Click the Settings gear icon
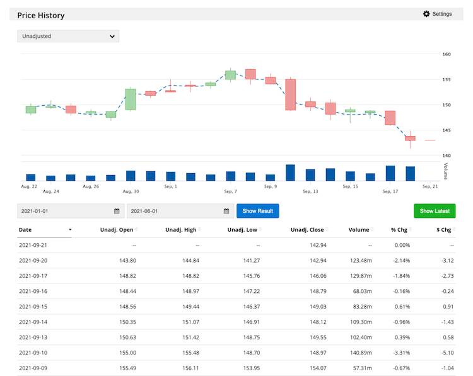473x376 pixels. (426, 14)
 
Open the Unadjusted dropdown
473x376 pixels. (67, 37)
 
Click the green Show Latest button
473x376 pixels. (435, 211)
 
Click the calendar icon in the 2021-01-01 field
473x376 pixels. (117, 211)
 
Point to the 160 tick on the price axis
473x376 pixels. (447, 54)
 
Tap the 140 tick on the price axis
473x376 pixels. (447, 156)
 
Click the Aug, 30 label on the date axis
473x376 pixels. (131, 191)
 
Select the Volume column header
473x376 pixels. (358, 230)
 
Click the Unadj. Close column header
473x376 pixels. (307, 230)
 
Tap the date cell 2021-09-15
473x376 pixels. (34, 305)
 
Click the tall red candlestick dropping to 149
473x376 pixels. (291, 94)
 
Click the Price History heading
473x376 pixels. (40, 15)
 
